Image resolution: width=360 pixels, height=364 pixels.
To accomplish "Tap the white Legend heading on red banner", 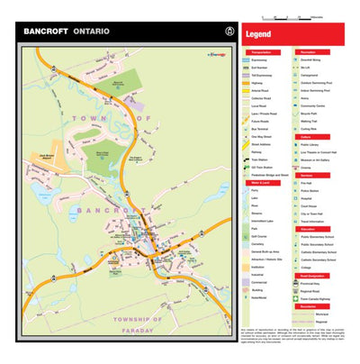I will (x=259, y=34).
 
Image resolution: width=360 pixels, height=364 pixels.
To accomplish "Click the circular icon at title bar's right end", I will (x=211, y=31).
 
